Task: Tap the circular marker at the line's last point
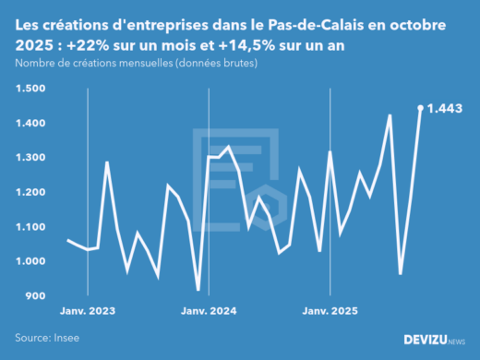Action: click(x=421, y=108)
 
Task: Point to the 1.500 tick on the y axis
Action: click(x=30, y=89)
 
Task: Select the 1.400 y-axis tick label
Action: click(x=30, y=123)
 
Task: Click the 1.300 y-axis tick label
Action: click(x=30, y=158)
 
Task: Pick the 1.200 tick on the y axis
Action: click(x=30, y=192)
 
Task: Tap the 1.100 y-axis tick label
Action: click(x=30, y=227)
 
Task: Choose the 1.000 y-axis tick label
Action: click(x=30, y=261)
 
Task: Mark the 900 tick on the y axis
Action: click(x=35, y=296)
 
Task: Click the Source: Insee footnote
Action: click(x=47, y=338)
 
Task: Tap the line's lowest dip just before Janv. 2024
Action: click(x=198, y=290)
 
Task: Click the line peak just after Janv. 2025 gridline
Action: click(x=330, y=151)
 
